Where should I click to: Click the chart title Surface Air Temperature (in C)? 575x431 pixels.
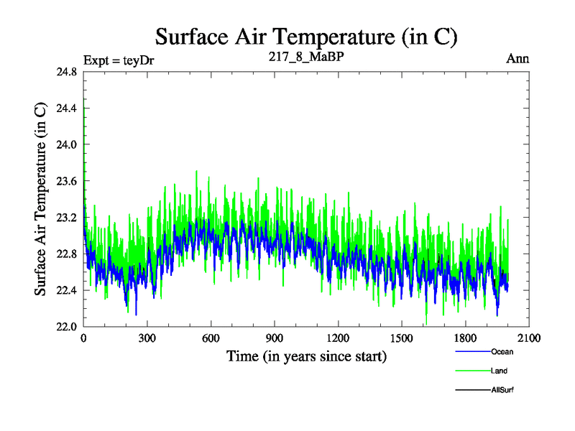(x=306, y=37)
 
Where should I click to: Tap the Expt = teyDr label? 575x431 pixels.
(x=119, y=59)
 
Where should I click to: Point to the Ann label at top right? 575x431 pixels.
(x=517, y=58)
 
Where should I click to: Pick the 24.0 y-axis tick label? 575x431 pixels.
(x=65, y=144)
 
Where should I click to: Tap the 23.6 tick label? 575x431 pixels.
(x=65, y=181)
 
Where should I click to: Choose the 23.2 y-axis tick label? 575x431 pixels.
(x=65, y=217)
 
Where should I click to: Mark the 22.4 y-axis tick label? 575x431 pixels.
(x=65, y=289)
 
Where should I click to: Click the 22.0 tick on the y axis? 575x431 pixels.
(x=65, y=326)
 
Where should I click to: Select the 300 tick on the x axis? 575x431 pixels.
(x=147, y=338)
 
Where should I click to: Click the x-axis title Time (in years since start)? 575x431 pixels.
(x=306, y=356)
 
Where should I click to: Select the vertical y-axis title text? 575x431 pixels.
(x=41, y=199)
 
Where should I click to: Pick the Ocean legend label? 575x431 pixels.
(x=502, y=352)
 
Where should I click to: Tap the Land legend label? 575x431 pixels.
(x=499, y=371)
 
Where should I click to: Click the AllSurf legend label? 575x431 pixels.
(x=502, y=389)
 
